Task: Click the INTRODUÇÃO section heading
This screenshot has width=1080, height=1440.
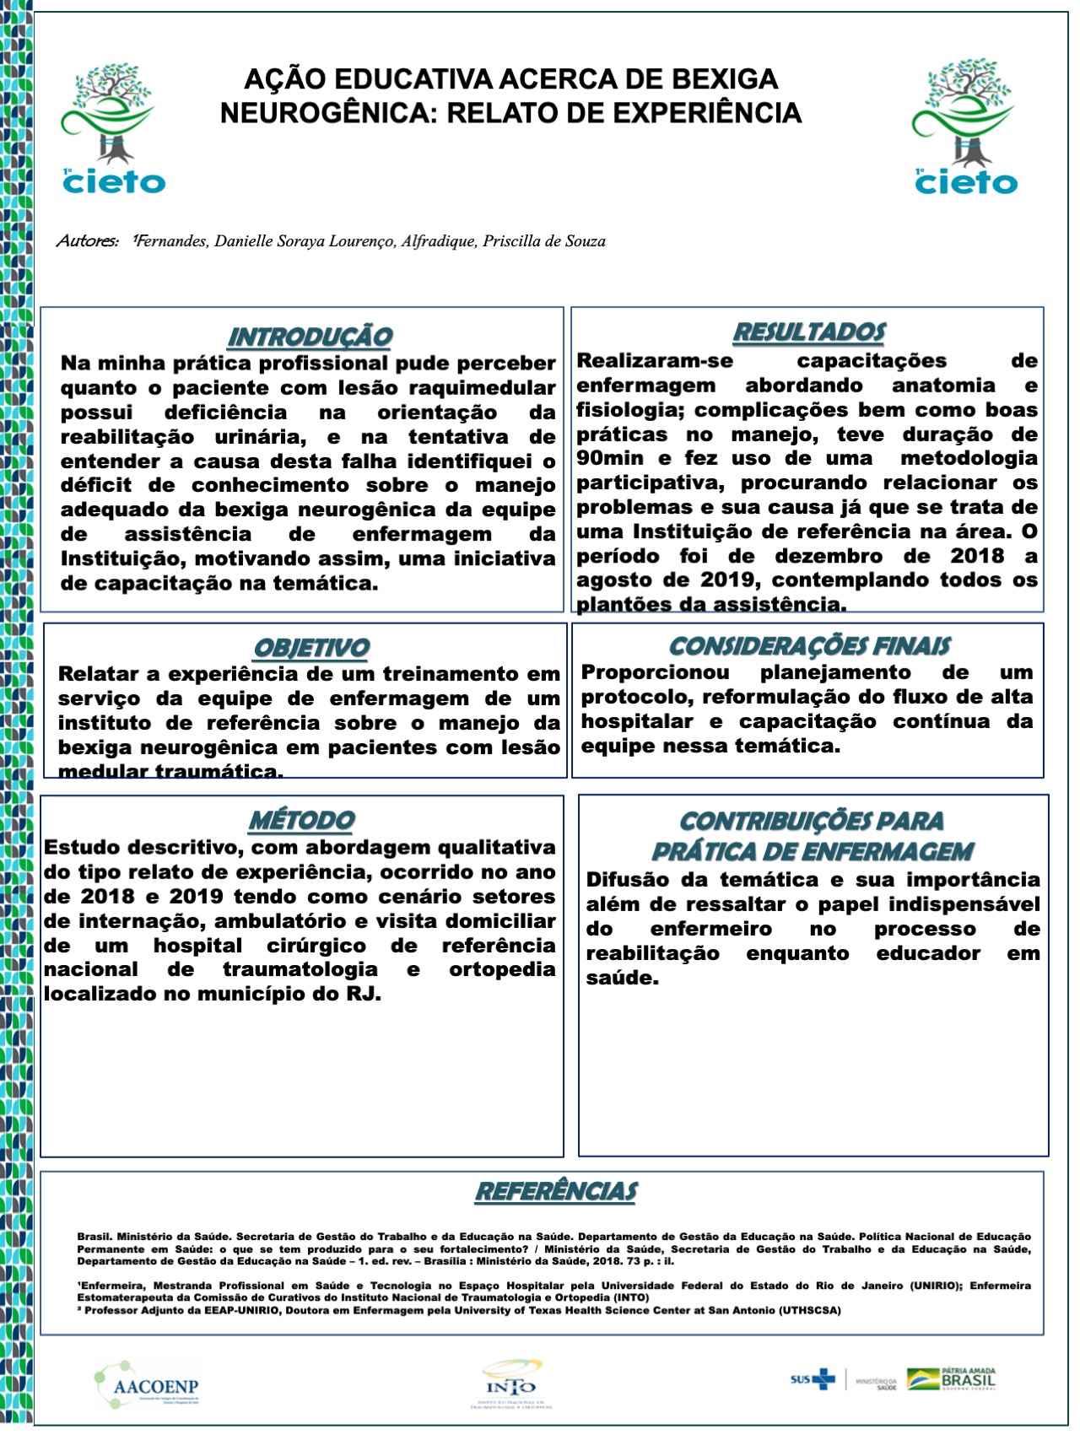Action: [310, 337]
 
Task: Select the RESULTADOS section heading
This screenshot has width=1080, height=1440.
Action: [808, 332]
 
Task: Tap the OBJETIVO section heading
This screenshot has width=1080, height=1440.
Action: [311, 648]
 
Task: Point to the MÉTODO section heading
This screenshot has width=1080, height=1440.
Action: [301, 820]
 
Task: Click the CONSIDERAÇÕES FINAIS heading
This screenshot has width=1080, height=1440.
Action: [809, 646]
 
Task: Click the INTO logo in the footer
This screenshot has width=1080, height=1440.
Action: [510, 1384]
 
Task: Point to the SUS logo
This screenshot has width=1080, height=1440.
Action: [813, 1379]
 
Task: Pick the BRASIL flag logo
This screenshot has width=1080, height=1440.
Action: [951, 1379]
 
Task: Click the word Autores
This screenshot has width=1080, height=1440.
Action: [87, 241]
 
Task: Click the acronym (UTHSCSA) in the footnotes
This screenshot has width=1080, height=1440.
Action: [810, 1310]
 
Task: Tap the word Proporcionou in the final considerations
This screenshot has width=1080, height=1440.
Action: [656, 672]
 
